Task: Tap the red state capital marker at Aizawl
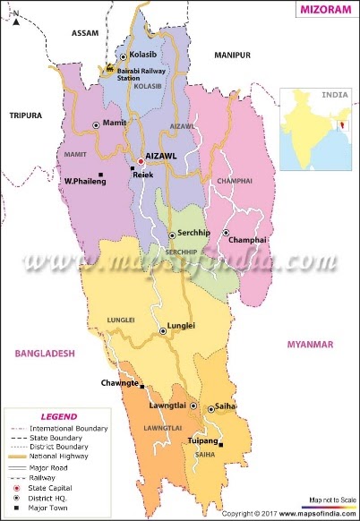pyautogui.click(x=140, y=161)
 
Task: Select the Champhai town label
pyautogui.click(x=247, y=241)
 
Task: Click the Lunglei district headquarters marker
pyautogui.click(x=163, y=330)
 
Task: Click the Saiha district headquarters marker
pyautogui.click(x=211, y=409)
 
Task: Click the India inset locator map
pyautogui.click(x=319, y=128)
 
